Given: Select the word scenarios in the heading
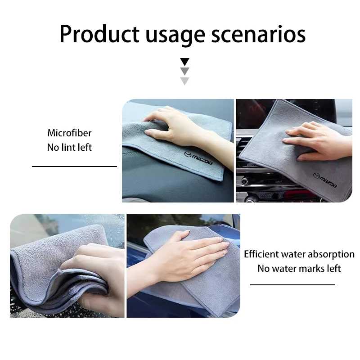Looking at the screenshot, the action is coord(258,34).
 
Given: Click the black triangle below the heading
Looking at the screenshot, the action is coord(184,62).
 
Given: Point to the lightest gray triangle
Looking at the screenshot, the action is coord(184,81).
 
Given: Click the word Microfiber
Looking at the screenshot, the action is coord(70,133).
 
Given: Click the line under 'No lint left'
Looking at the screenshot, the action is coord(74,166).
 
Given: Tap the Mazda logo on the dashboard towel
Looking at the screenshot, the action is coord(198,158).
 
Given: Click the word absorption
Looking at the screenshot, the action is coord(331,254).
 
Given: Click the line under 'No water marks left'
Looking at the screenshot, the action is coord(292,285).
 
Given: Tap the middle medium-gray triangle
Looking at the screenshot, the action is coord(184,72).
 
